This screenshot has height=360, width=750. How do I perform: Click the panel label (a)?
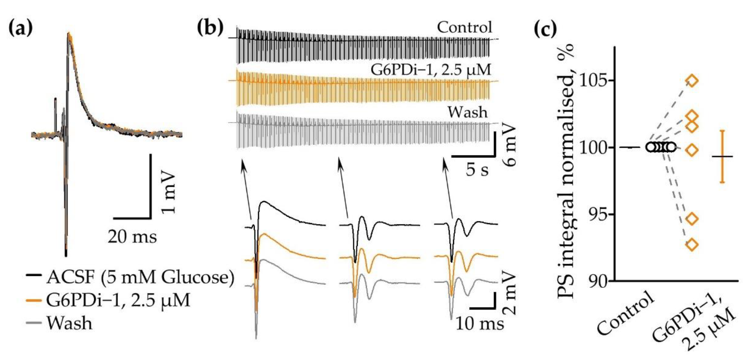click(20, 28)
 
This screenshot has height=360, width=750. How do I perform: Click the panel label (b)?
click(210, 28)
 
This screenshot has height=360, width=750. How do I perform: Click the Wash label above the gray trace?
click(467, 112)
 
